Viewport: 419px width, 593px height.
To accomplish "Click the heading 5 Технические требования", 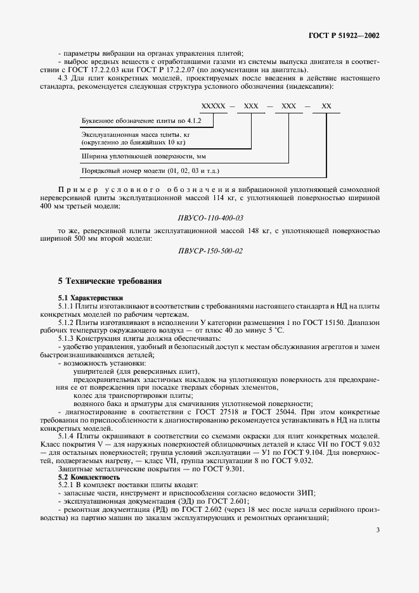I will [110, 281].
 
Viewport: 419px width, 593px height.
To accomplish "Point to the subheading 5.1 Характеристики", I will [91, 297].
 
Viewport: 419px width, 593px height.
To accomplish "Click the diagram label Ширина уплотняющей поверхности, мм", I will [144, 155].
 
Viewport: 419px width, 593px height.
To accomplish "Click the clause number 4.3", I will [65, 77].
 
